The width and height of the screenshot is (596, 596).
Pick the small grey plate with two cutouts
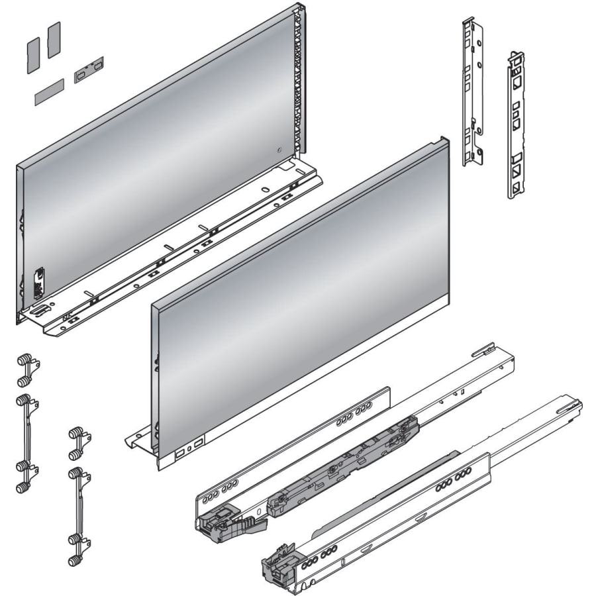click(89, 68)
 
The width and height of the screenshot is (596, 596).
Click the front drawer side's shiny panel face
click(298, 298)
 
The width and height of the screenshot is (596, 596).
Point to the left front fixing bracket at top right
click(473, 93)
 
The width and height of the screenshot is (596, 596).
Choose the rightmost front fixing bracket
click(516, 126)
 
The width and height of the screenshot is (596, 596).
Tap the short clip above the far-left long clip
click(25, 371)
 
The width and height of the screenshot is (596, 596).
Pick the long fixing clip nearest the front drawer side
click(77, 517)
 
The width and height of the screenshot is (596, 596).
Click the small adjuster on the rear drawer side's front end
click(38, 281)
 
